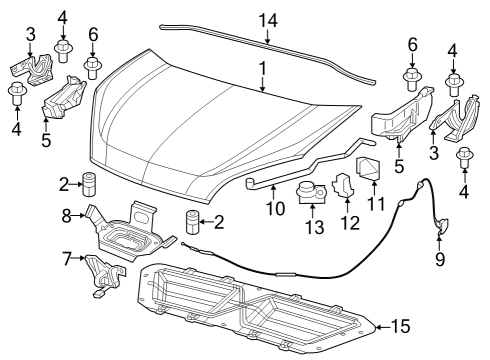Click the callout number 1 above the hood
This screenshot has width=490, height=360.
click(x=263, y=69)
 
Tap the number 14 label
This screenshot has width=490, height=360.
click(x=267, y=19)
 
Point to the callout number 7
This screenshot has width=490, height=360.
click(x=68, y=260)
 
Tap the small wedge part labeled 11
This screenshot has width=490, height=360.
click(x=370, y=172)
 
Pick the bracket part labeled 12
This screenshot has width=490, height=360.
click(x=342, y=187)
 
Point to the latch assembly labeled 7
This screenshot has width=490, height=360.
click(x=103, y=275)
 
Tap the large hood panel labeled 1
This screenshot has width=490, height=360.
click(x=200, y=120)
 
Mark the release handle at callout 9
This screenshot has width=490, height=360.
click(x=441, y=232)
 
